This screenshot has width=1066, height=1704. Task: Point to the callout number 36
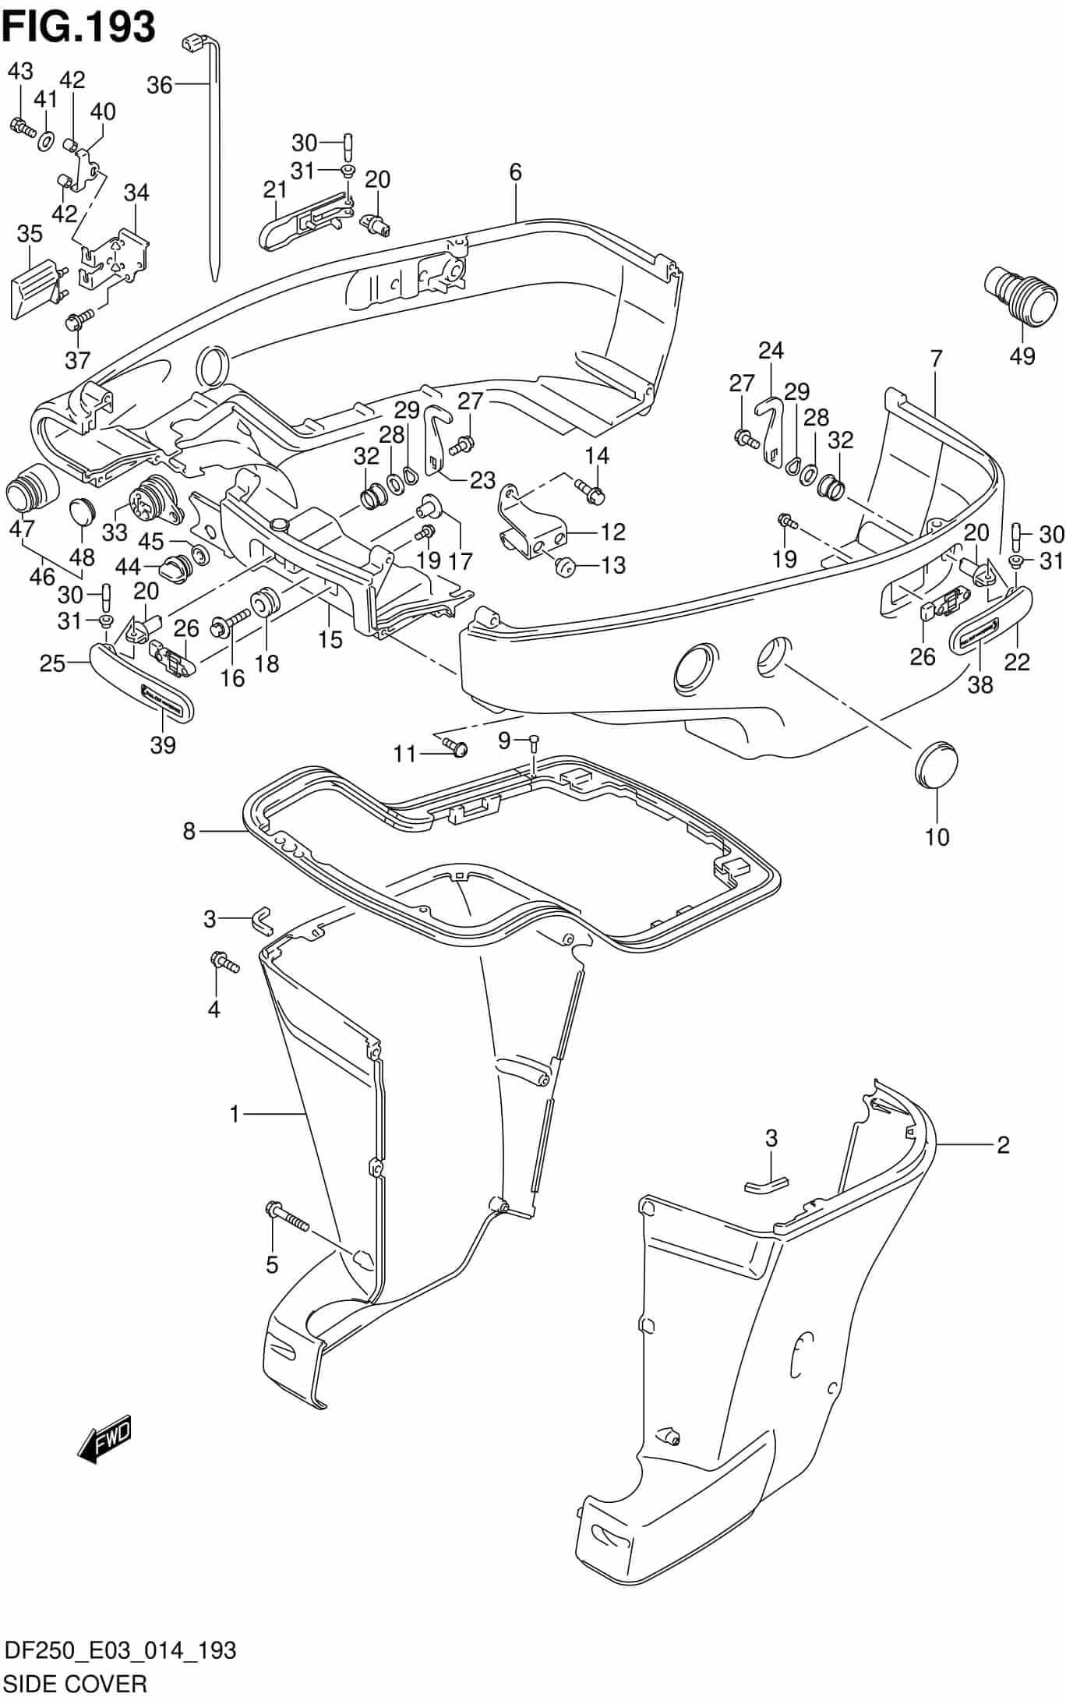click(159, 85)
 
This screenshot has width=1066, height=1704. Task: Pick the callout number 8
click(189, 832)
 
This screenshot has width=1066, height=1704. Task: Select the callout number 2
click(1003, 1144)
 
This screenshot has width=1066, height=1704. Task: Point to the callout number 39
click(162, 744)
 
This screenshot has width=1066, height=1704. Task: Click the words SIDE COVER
click(75, 1684)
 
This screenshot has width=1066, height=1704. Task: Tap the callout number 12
click(613, 532)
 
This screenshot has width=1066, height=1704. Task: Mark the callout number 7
click(936, 359)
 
